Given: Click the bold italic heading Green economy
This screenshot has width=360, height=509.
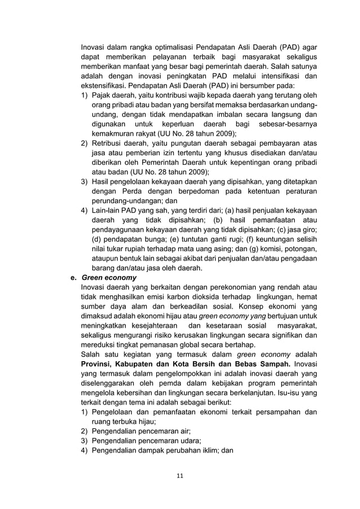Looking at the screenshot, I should tap(109, 278).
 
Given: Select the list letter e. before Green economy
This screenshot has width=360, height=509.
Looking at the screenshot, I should tap(72, 278).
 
